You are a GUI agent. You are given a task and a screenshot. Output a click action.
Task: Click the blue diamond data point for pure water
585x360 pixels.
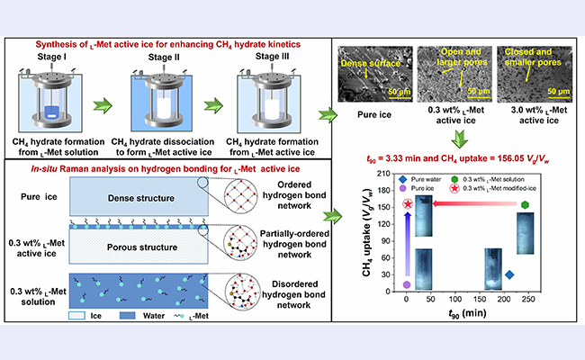[x=508, y=274]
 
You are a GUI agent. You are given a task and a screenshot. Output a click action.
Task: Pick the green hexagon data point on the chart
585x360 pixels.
[x=524, y=204]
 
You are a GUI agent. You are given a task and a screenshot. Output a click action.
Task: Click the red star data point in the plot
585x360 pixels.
[x=409, y=204]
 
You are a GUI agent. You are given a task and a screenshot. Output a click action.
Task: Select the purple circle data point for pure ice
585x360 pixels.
[x=407, y=284]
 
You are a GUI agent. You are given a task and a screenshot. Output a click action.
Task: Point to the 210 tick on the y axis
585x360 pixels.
[x=393, y=173]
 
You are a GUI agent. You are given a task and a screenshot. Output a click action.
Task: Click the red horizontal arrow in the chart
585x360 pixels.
[x=468, y=204]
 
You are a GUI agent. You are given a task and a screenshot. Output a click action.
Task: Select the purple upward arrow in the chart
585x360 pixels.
[x=407, y=247]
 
